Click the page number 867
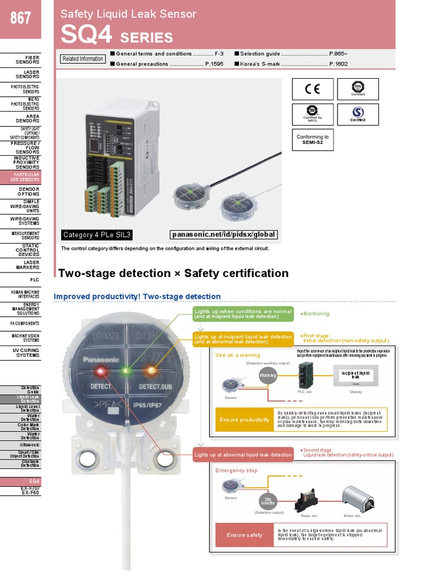pos(20,19)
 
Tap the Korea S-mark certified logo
pos(357,114)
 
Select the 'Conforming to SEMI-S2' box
pos(312,139)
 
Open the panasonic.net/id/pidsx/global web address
pos(223,234)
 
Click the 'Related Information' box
pos(83,59)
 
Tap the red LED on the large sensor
pos(101,372)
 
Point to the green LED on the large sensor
pos(126,372)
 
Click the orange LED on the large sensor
pos(151,372)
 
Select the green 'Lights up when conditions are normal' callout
pos(242,314)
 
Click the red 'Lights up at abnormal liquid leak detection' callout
pos(242,455)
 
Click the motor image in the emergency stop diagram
pos(357,499)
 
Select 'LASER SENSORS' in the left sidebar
pos(27,74)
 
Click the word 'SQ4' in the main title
pos(87,36)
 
